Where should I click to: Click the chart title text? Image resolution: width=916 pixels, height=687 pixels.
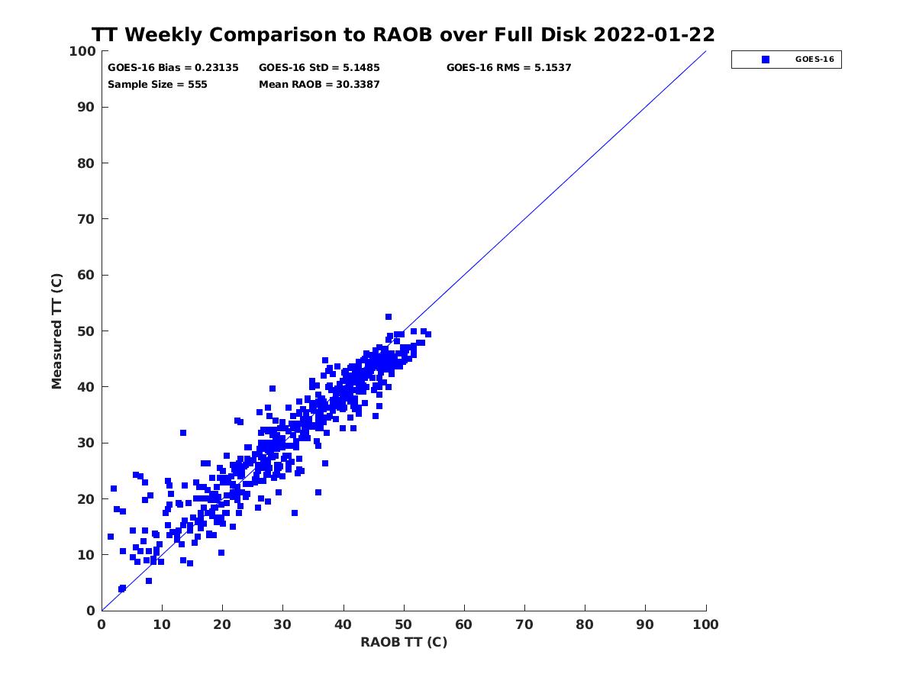tap(403, 35)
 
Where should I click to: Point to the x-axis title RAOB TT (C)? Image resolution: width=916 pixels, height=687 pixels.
tap(404, 642)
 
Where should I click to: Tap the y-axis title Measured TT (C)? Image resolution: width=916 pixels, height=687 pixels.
tap(57, 331)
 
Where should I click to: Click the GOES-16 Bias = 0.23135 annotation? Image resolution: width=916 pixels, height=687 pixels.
tap(173, 68)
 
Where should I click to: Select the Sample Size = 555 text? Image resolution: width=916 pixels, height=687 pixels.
tap(157, 85)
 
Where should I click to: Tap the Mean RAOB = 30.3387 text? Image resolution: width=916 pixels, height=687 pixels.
tap(319, 85)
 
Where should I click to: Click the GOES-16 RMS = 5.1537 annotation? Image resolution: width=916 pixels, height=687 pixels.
tap(509, 68)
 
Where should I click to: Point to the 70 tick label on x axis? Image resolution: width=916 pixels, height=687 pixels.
tap(524, 625)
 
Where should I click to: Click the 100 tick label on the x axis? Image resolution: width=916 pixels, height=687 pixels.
tap(706, 625)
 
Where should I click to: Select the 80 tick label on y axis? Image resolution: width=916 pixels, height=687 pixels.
tap(86, 163)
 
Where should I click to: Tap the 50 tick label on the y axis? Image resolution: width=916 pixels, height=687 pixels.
tap(86, 331)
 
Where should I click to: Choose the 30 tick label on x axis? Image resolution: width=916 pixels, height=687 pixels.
tap(282, 625)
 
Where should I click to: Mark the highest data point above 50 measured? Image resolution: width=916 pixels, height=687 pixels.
tap(389, 317)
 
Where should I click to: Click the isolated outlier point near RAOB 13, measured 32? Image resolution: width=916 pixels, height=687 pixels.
tap(183, 433)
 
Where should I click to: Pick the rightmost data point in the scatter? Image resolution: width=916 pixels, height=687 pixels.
tap(428, 334)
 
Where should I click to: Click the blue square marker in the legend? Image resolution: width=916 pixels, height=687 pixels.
tap(765, 60)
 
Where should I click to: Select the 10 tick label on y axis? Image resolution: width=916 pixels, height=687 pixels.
tap(86, 555)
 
